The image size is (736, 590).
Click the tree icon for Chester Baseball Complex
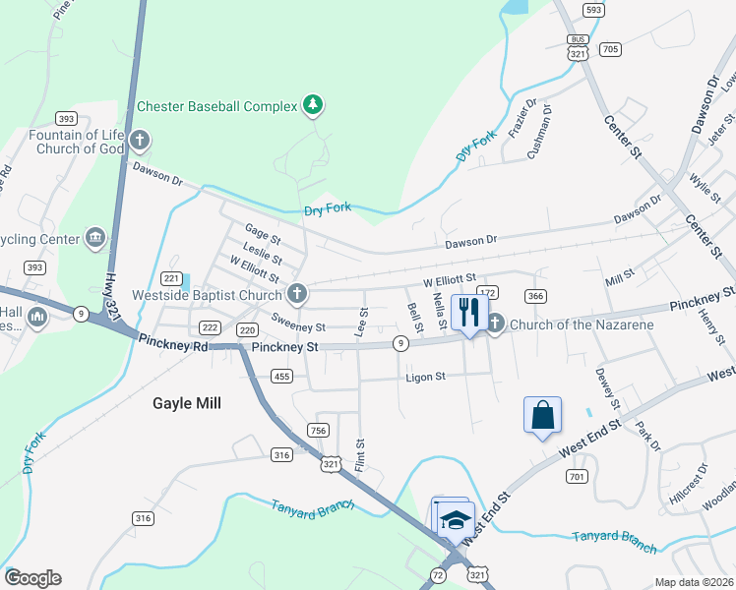(313, 104)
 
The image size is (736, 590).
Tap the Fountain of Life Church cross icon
(140, 141)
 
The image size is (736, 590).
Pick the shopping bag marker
(542, 416)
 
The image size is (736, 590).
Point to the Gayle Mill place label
(186, 403)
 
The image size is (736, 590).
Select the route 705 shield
(610, 49)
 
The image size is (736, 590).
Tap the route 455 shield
(282, 376)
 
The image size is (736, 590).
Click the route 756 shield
(317, 430)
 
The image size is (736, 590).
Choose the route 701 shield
(577, 477)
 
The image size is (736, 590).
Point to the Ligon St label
(426, 377)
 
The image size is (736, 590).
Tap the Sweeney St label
(297, 324)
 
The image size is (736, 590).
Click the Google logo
(32, 578)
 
